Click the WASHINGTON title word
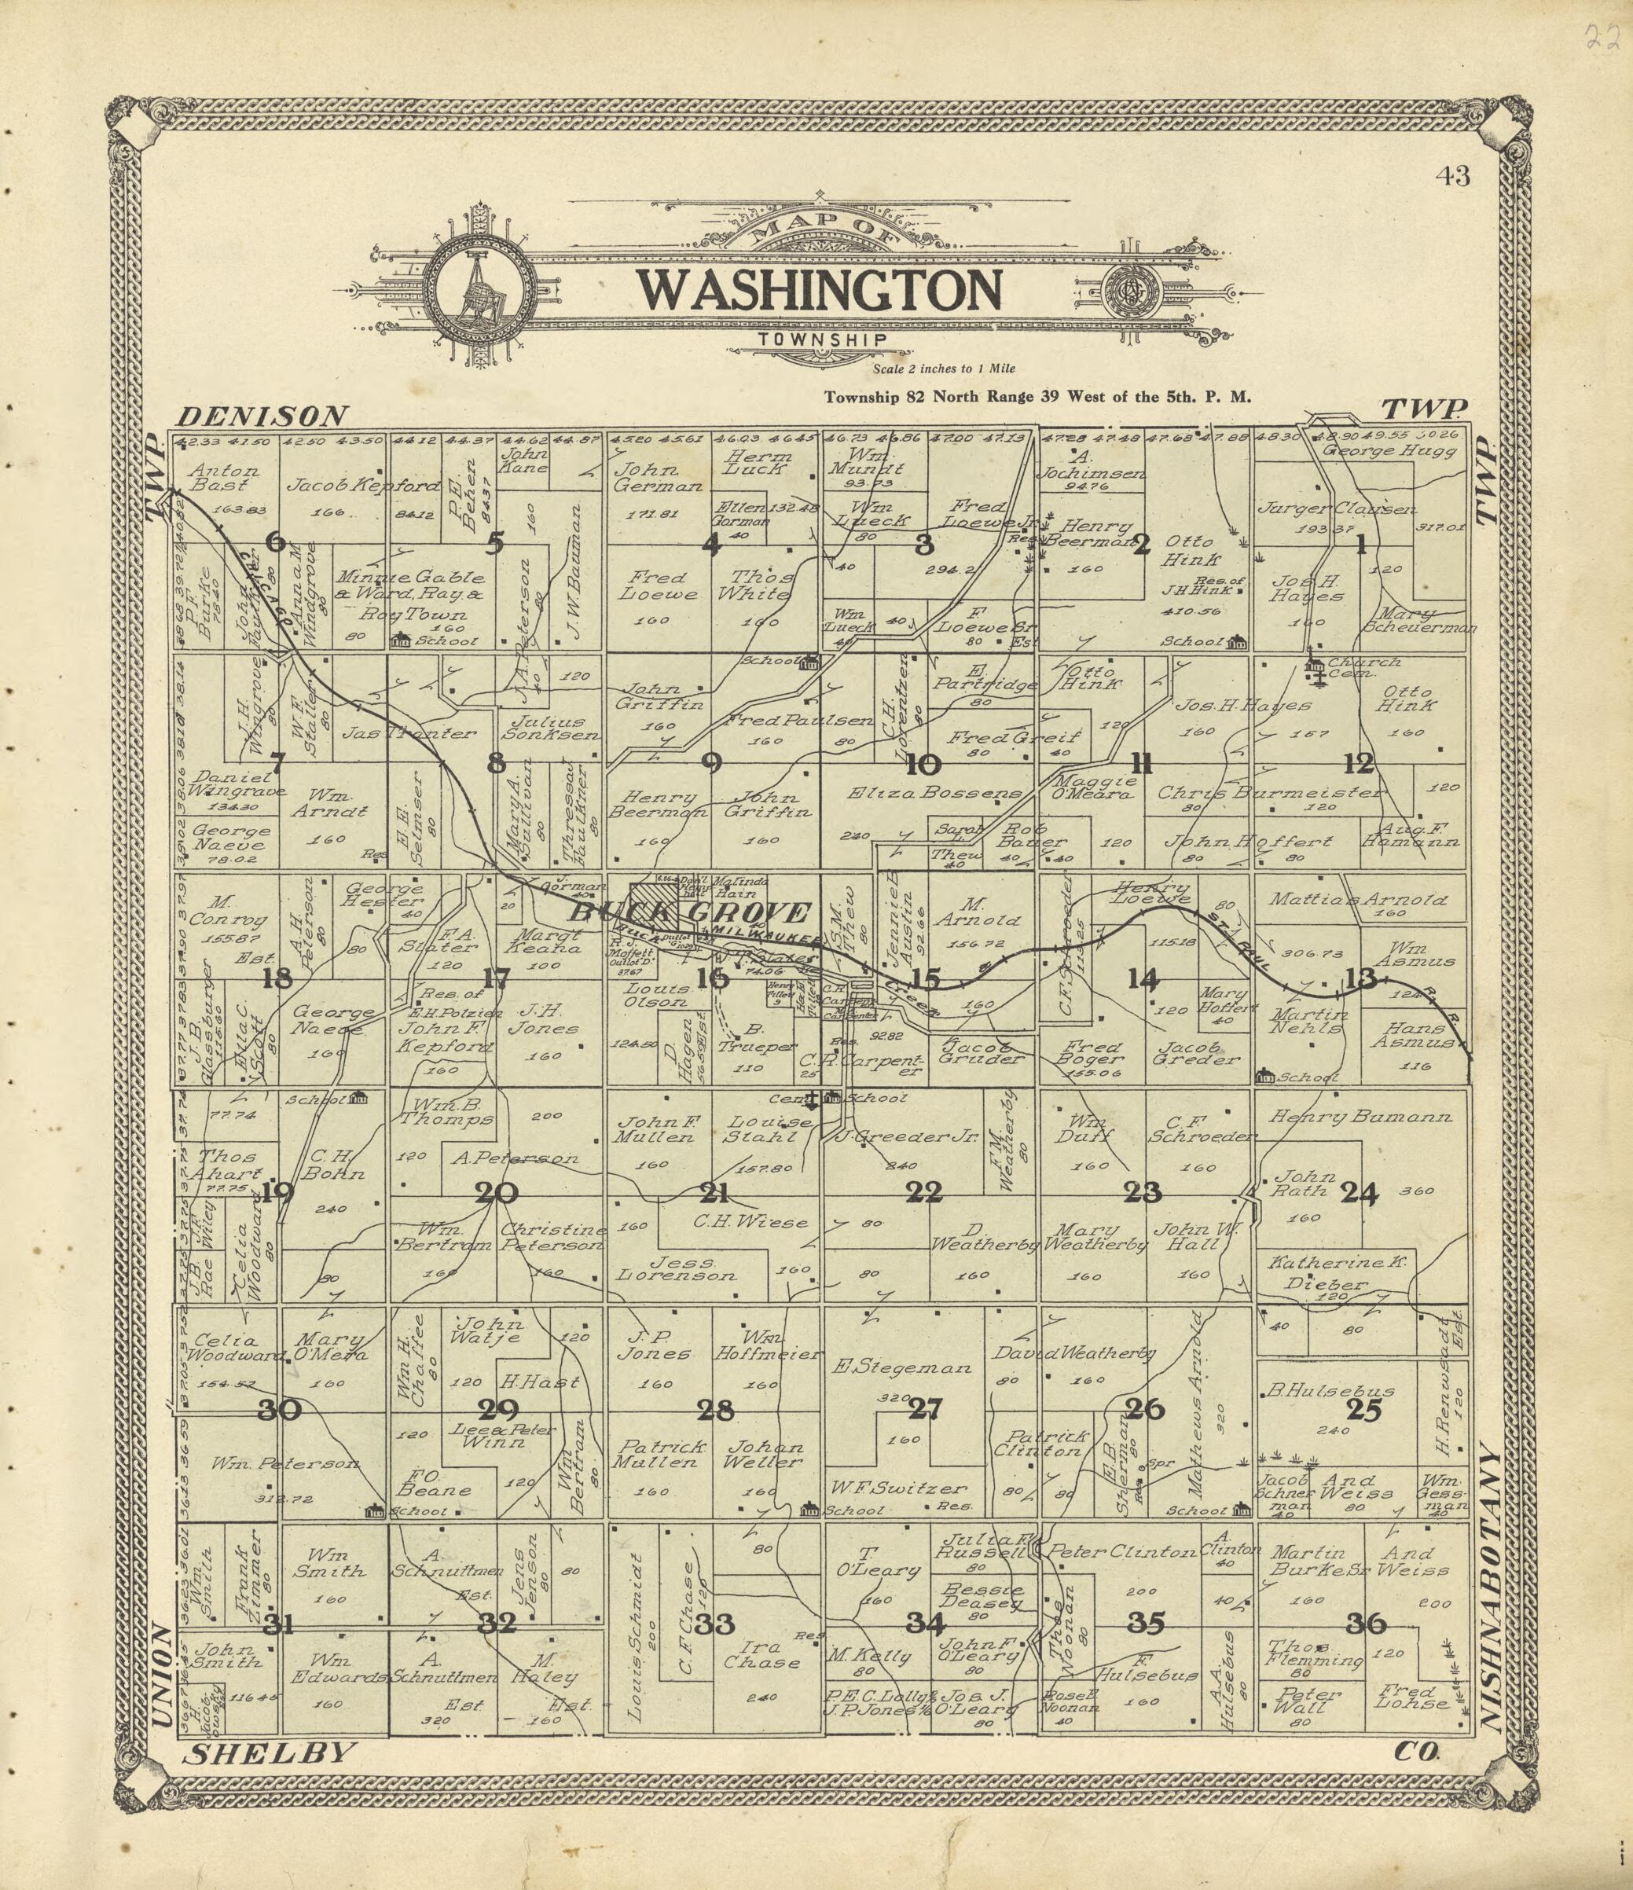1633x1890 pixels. coord(818,290)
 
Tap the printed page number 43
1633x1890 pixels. coord(1451,176)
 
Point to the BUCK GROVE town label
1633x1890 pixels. coord(690,912)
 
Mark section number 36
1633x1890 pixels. coord(1366,1624)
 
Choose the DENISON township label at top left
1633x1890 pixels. coord(262,417)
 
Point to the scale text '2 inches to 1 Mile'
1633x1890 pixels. coord(943,369)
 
